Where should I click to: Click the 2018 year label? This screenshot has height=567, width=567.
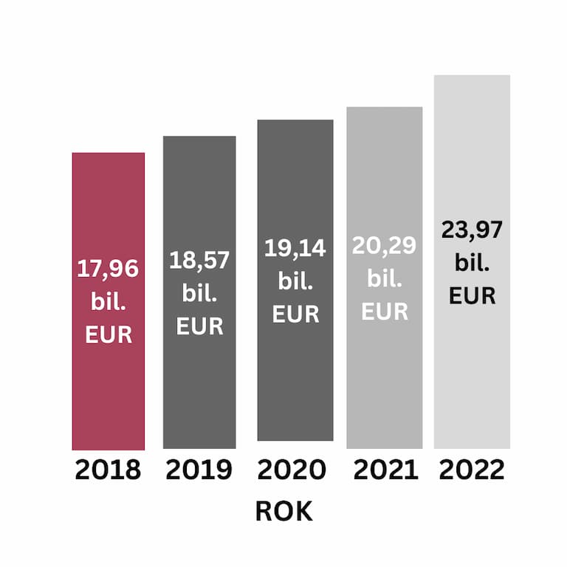tap(108, 470)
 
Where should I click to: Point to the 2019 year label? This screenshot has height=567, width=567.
tap(199, 470)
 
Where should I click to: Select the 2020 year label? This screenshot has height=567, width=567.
tap(292, 470)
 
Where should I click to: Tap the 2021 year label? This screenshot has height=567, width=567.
tap(385, 470)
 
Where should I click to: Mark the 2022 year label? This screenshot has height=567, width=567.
tap(472, 470)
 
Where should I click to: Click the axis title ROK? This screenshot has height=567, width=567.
tap(283, 512)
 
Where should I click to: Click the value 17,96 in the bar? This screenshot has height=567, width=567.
tap(108, 269)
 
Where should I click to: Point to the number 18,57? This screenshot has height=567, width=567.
tap(199, 260)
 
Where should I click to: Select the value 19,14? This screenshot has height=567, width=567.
tap(295, 248)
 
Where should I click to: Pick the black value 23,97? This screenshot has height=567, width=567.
tap(472, 230)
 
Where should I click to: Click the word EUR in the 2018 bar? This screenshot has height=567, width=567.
tap(109, 334)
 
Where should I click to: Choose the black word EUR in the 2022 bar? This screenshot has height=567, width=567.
tap(472, 296)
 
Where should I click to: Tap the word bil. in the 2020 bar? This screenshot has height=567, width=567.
tap(295, 281)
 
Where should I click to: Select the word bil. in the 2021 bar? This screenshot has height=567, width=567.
tap(385, 279)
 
